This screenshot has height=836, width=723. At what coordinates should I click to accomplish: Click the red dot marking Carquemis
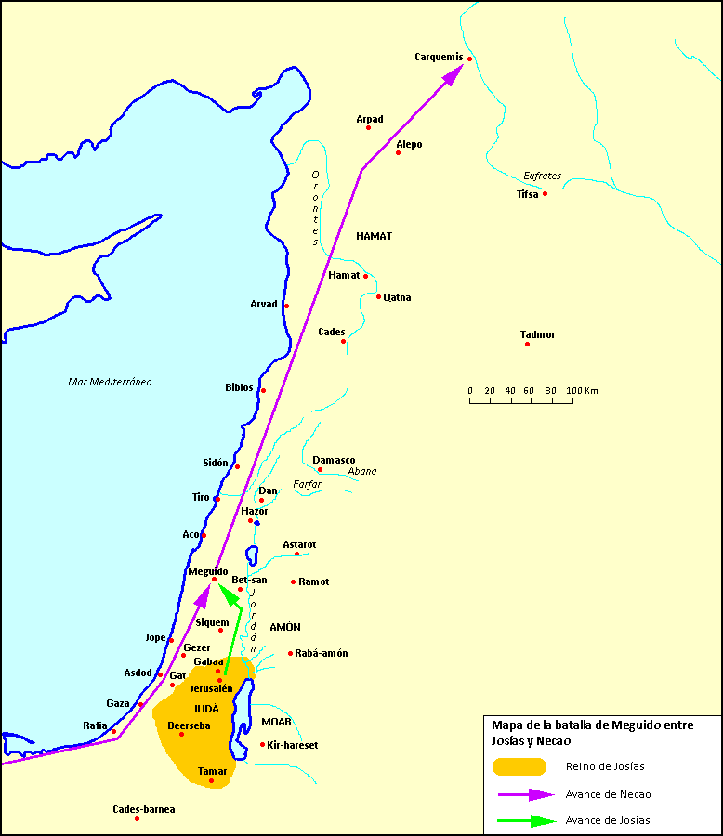(x=470, y=59)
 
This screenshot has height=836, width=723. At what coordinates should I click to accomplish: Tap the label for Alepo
(x=409, y=144)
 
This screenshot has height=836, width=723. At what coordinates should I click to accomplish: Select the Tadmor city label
(x=538, y=334)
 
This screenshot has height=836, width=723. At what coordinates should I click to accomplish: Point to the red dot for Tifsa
(x=546, y=193)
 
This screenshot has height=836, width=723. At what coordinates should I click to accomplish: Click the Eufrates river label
(x=542, y=176)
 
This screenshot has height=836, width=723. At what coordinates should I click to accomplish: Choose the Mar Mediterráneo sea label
(x=110, y=382)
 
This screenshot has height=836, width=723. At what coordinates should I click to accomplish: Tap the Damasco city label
(x=334, y=460)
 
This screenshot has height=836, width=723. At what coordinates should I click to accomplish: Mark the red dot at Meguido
(x=214, y=580)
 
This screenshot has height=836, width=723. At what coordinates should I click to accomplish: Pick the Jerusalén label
(x=211, y=688)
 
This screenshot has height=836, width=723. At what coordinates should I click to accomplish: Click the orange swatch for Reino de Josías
(x=519, y=766)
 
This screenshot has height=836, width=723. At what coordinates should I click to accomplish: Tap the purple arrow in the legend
(x=525, y=794)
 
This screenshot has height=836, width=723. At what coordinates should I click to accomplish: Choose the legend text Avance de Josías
(x=608, y=820)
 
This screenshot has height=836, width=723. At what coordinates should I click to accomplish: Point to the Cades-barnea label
(x=143, y=809)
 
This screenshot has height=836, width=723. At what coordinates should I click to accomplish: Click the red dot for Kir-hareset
(x=263, y=744)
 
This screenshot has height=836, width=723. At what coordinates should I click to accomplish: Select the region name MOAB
(x=276, y=722)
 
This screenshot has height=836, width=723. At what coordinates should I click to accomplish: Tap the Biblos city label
(x=239, y=387)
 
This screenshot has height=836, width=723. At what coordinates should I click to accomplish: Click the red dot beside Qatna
(x=379, y=297)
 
